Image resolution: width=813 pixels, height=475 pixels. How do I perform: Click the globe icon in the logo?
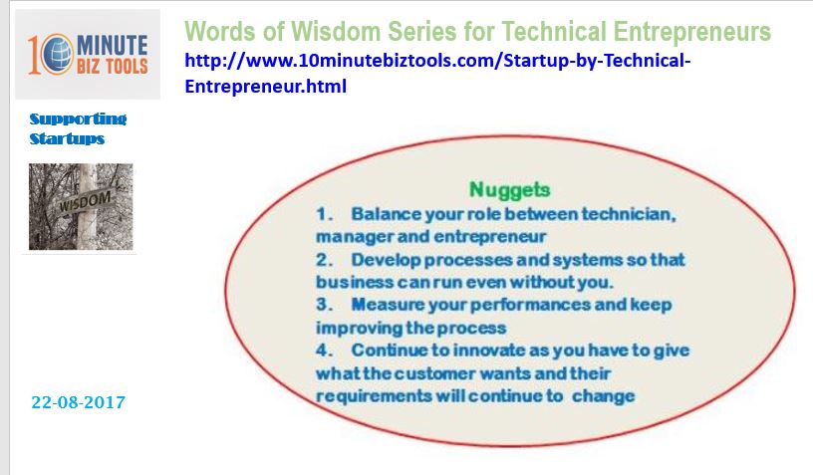coord(56,54)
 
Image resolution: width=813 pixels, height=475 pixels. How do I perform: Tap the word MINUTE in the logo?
coord(113,45)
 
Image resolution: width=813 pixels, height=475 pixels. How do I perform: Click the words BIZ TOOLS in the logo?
coord(113,66)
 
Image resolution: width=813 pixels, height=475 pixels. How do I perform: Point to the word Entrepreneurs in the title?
coord(692,32)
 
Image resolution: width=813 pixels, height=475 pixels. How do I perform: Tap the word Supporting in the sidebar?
coord(78,119)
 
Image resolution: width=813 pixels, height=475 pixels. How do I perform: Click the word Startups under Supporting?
coord(67,138)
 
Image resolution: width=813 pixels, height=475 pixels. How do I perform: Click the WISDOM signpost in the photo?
coord(85,201)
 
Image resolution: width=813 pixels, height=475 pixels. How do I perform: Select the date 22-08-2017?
coord(79,402)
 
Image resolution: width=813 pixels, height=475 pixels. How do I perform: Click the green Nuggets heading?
coord(509,189)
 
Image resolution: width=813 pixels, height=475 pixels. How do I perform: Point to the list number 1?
coord(324,214)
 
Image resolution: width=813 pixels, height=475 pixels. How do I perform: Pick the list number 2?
coord(324,260)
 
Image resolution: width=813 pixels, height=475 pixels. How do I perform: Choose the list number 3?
coord(324,304)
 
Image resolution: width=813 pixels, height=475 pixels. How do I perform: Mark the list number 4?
coord(324,351)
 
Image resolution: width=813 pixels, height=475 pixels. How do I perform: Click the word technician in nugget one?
coord(629,214)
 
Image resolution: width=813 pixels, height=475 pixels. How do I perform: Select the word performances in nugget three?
coord(530,305)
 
